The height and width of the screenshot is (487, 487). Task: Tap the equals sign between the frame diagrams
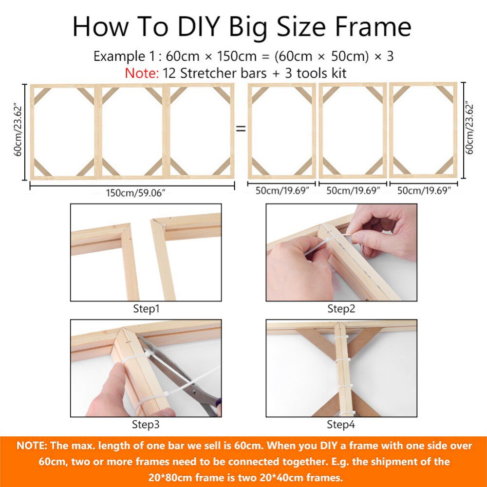point(241,129)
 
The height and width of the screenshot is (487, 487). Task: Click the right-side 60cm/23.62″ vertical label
point(469,128)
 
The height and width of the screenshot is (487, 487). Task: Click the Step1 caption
point(146,309)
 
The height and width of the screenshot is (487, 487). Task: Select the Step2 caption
point(341,309)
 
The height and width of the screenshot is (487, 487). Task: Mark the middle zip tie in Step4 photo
point(344,360)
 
